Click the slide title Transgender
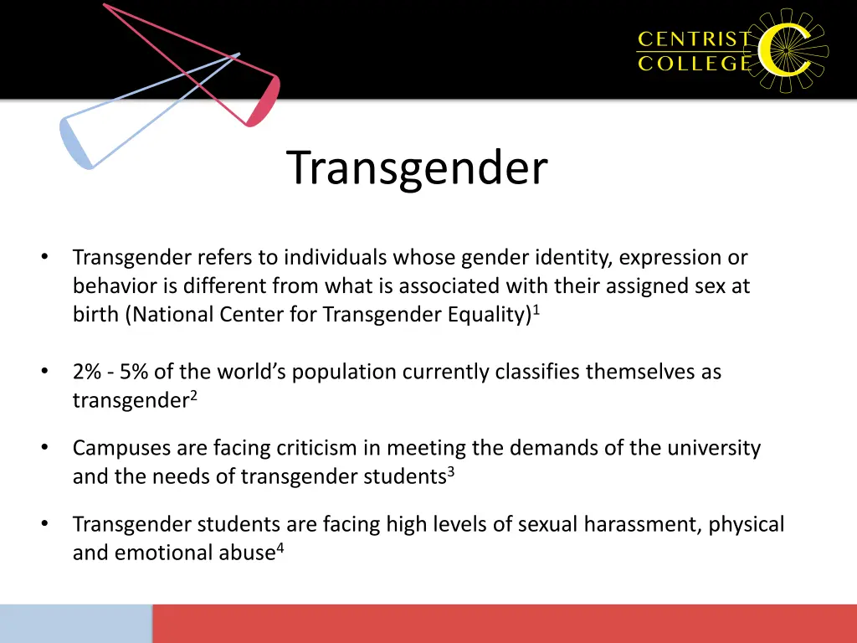point(417,167)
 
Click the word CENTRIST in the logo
point(694,39)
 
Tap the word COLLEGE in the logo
point(694,64)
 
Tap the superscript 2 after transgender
point(192,394)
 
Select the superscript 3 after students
point(450,471)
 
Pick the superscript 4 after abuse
point(280,547)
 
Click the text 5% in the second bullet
point(133,372)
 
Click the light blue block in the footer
point(75,624)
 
